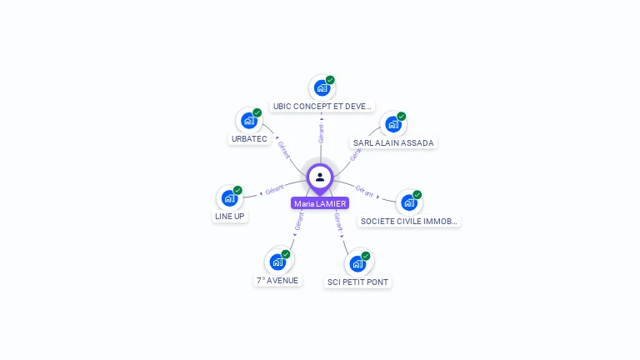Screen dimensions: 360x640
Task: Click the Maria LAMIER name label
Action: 320,203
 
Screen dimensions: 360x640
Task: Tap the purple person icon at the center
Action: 320,177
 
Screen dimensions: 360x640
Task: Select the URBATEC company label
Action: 249,139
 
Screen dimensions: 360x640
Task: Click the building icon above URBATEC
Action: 248,121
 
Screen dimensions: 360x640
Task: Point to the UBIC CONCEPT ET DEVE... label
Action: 322,107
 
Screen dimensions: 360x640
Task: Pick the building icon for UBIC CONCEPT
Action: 322,87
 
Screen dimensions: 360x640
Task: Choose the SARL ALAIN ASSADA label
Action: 393,142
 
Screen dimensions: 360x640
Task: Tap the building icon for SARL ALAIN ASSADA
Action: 392,124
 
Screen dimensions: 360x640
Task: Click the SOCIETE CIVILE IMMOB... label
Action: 409,221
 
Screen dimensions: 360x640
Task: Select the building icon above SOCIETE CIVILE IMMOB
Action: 408,202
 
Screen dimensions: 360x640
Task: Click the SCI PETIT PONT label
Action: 358,282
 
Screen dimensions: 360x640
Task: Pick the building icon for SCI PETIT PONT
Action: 357,263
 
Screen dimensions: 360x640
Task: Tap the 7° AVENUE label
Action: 277,280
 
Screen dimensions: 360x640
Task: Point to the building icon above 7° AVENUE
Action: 277,262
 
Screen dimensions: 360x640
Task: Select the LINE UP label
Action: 229,216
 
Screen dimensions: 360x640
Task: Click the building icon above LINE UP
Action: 229,198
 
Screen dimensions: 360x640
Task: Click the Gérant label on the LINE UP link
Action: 274,189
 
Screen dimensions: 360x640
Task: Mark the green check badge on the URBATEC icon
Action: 257,112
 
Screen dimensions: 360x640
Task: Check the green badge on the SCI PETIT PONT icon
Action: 366,256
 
